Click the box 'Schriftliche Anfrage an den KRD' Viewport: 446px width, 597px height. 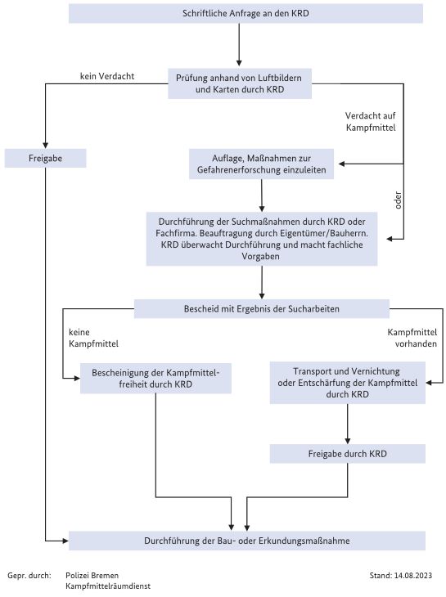coord(246,13)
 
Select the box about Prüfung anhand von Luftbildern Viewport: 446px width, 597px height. coord(240,83)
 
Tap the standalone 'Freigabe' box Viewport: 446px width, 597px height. coord(45,158)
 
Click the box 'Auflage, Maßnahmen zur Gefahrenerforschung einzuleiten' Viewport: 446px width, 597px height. coord(261,164)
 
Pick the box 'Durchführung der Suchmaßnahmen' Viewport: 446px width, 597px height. coord(262,239)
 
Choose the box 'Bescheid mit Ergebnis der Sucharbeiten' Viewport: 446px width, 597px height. coord(262,309)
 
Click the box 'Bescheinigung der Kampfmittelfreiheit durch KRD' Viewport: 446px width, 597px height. coord(155,378)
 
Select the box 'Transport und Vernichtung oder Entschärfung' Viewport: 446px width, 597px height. coord(347,383)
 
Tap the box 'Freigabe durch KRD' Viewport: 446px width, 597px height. coord(347,454)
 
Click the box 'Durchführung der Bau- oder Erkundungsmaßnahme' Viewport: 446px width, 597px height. coord(247,541)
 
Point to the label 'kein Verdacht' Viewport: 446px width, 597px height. coord(107,76)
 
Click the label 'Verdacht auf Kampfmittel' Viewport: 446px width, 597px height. coord(371,122)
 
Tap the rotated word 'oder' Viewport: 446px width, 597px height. coord(398,200)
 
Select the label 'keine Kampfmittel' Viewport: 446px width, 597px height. coord(93,338)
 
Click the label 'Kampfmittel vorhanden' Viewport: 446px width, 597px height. coord(412,338)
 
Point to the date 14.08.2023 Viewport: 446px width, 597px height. coord(413,575)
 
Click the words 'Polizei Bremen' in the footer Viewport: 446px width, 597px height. coord(92,575)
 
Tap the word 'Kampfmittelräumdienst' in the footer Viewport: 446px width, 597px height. coord(108,586)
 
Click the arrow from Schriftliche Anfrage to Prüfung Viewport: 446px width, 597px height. coord(239,44)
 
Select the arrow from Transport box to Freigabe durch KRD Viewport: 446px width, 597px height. coord(347,424)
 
